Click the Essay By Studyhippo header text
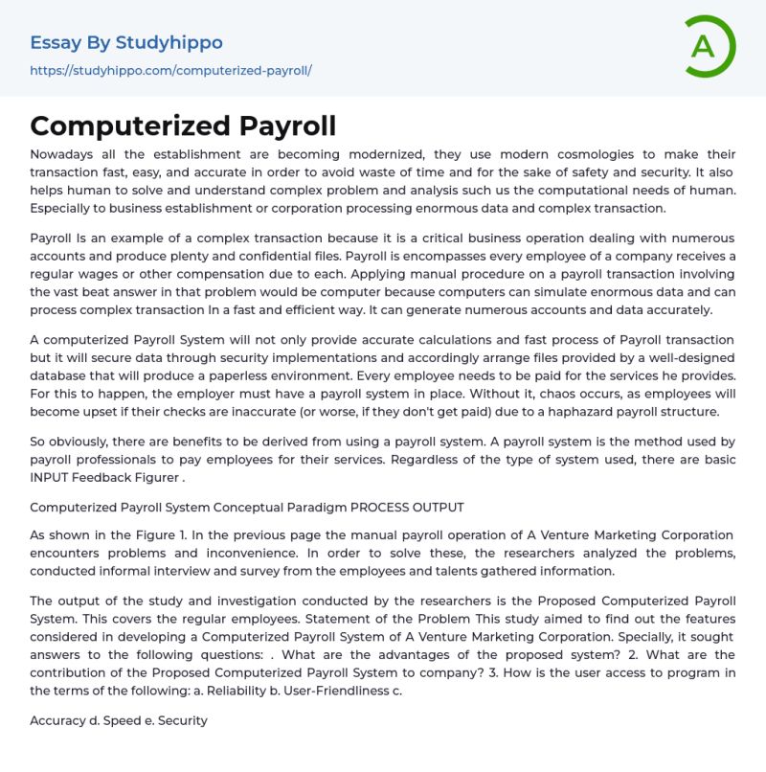pyautogui.click(x=126, y=42)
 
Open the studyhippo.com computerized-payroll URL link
pyautogui.click(x=171, y=71)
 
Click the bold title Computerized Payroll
pyautogui.click(x=183, y=126)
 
